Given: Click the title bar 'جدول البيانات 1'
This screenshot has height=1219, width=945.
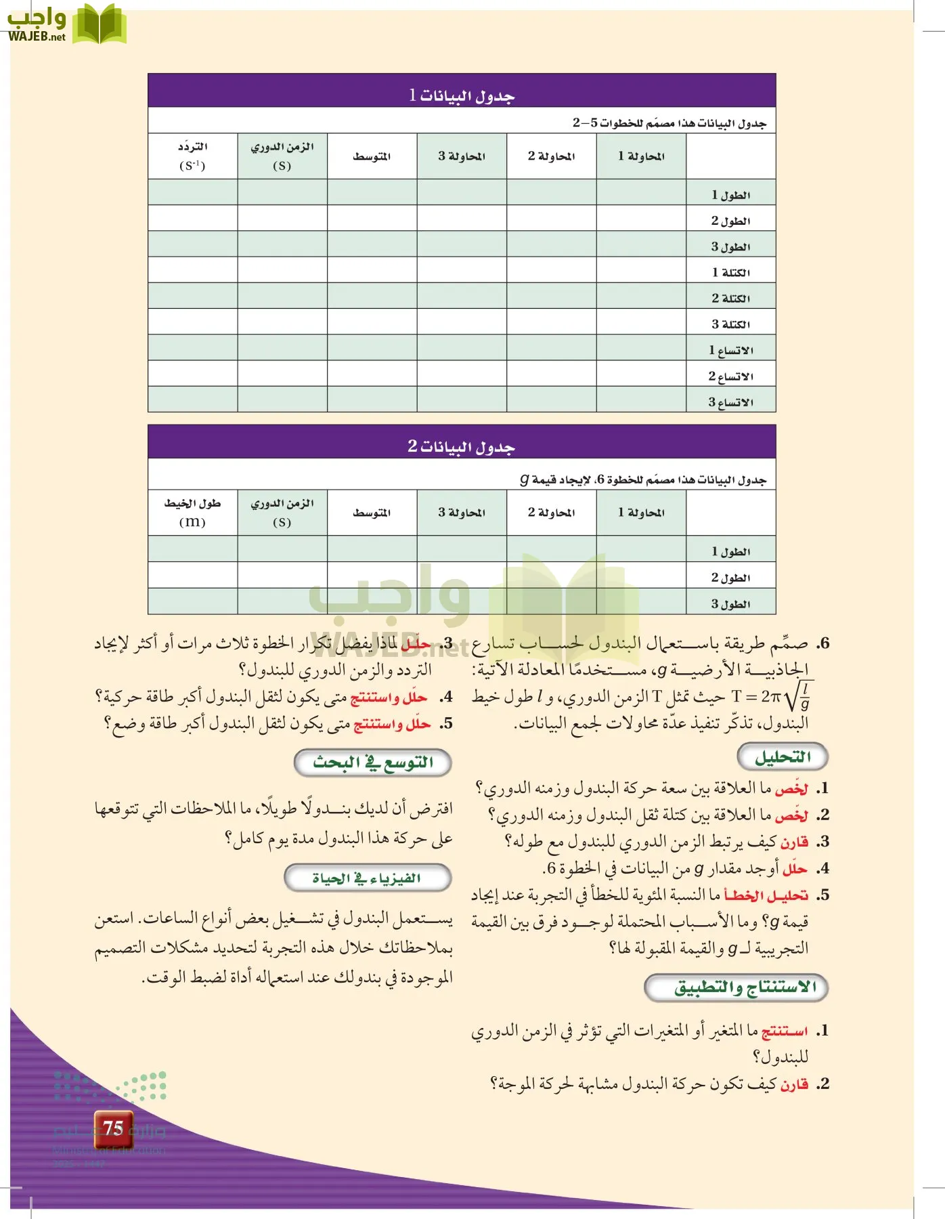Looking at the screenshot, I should click(462, 95).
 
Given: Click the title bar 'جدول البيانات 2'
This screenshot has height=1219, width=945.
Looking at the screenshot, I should click(462, 446).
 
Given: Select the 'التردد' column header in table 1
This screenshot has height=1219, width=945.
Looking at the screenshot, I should click(193, 156).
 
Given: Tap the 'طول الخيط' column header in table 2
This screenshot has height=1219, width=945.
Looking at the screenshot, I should click(193, 512).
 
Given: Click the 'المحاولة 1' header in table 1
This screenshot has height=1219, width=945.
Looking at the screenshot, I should click(641, 156).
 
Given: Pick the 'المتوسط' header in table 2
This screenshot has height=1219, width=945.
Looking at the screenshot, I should click(372, 513).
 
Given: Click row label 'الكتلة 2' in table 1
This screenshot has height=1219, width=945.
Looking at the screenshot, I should click(730, 298).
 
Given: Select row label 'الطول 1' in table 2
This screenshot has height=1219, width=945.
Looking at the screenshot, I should click(730, 551).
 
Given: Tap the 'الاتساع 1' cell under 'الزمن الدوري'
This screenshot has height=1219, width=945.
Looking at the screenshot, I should click(282, 348).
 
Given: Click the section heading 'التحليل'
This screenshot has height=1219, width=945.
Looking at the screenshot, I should click(783, 757).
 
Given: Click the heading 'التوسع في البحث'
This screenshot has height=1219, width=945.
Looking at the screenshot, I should click(373, 763).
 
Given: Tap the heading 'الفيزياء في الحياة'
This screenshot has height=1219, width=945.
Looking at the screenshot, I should click(368, 878).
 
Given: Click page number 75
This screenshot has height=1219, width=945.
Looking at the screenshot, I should click(113, 1128).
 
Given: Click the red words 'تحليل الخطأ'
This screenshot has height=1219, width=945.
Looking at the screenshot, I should click(766, 895).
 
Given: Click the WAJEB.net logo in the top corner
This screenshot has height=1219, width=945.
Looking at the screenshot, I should click(66, 25).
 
